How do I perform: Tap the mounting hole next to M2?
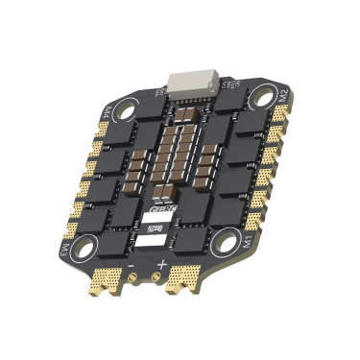pyautogui.click(x=258, y=96)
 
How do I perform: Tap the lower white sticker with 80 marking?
pyautogui.click(x=156, y=229)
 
